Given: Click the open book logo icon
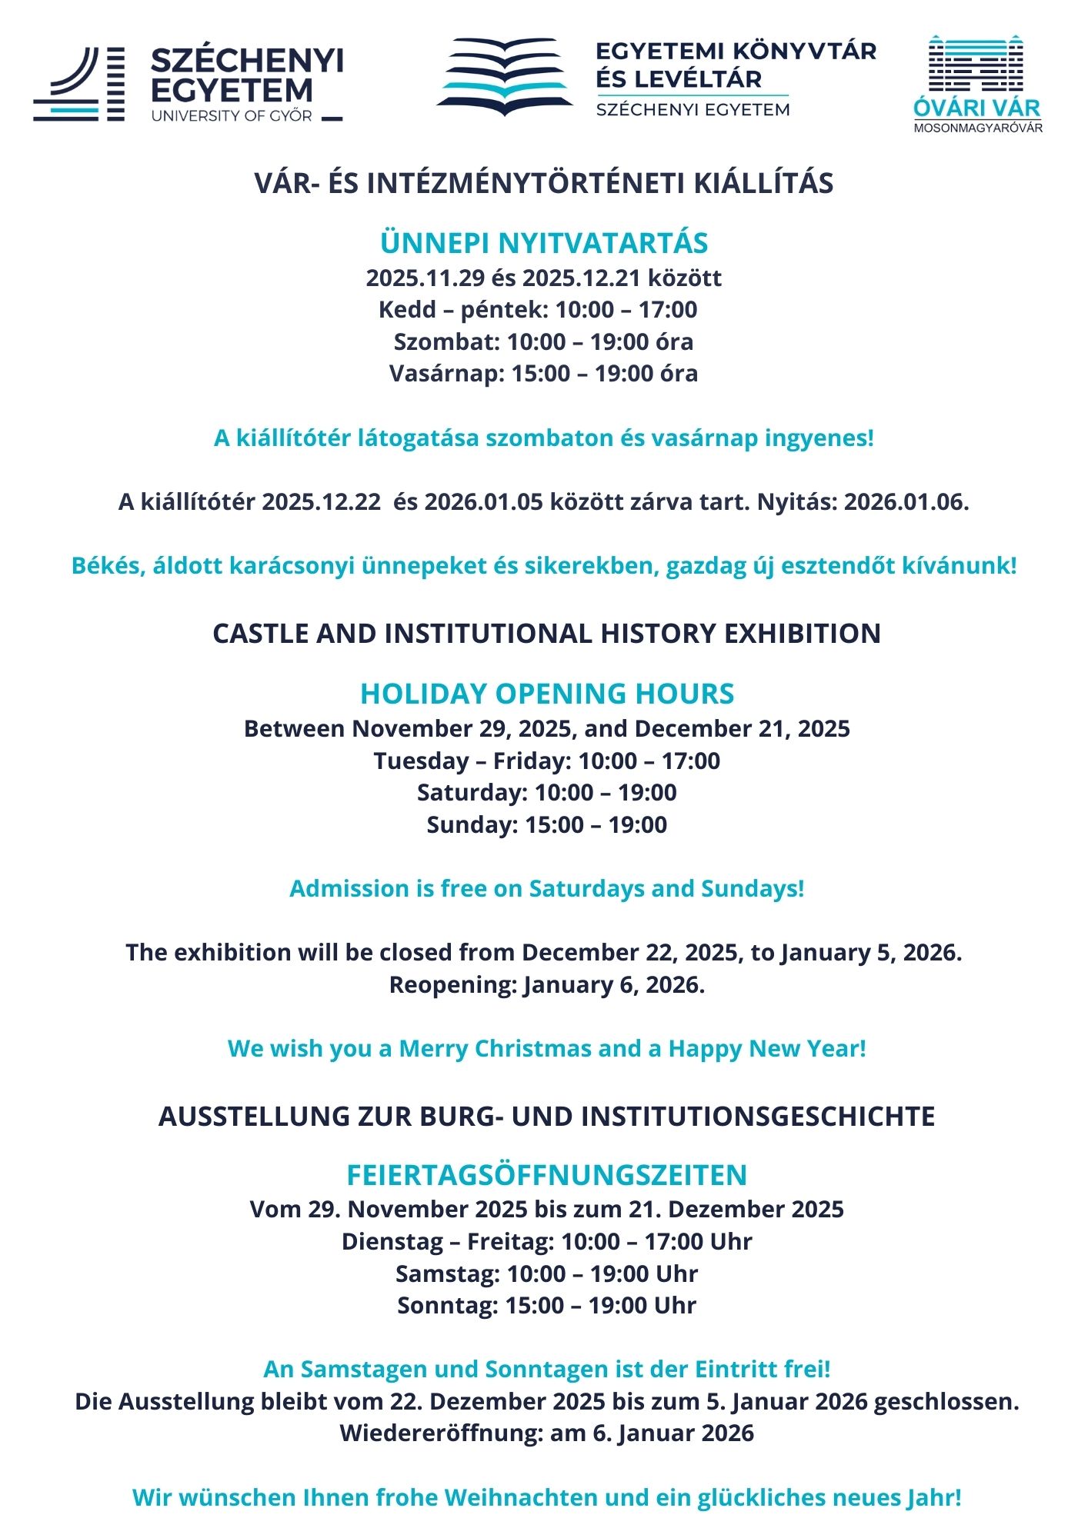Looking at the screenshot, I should click(x=505, y=77).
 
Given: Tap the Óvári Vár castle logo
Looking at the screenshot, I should click(x=976, y=65).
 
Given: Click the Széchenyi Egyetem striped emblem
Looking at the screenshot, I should click(x=79, y=84).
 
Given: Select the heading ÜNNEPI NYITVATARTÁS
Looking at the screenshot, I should click(x=543, y=243).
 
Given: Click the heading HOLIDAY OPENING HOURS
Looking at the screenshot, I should click(x=546, y=694).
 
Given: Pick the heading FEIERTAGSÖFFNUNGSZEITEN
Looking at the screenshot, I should click(x=546, y=1175).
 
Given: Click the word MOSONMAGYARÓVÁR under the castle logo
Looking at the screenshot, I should click(x=978, y=128).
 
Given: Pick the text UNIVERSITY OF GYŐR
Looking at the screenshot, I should click(x=232, y=116).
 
